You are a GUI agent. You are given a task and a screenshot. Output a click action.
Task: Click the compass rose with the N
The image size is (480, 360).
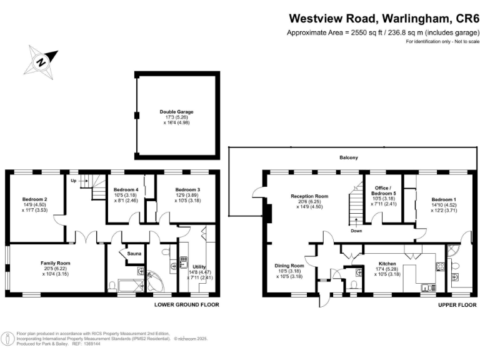coord(41,61)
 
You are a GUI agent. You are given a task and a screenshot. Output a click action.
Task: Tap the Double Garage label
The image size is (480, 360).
coord(176,112)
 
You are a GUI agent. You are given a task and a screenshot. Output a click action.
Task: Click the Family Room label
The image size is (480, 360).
coord(56,264)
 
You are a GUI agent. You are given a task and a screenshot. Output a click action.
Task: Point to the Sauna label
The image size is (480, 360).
coord(135,253)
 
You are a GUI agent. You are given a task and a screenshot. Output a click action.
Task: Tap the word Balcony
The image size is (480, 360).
coord(349,157)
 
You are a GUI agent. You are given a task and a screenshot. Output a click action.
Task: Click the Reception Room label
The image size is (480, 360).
coord(309,196)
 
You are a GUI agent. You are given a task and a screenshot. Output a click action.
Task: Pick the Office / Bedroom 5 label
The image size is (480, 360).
coord(381,191)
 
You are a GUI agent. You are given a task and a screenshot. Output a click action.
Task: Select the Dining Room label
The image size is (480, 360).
coord(289,266)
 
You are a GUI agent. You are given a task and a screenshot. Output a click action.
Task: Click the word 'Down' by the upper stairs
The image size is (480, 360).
coord(356,230)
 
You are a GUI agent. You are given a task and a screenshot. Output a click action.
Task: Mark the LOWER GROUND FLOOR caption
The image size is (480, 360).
coord(187,305)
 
